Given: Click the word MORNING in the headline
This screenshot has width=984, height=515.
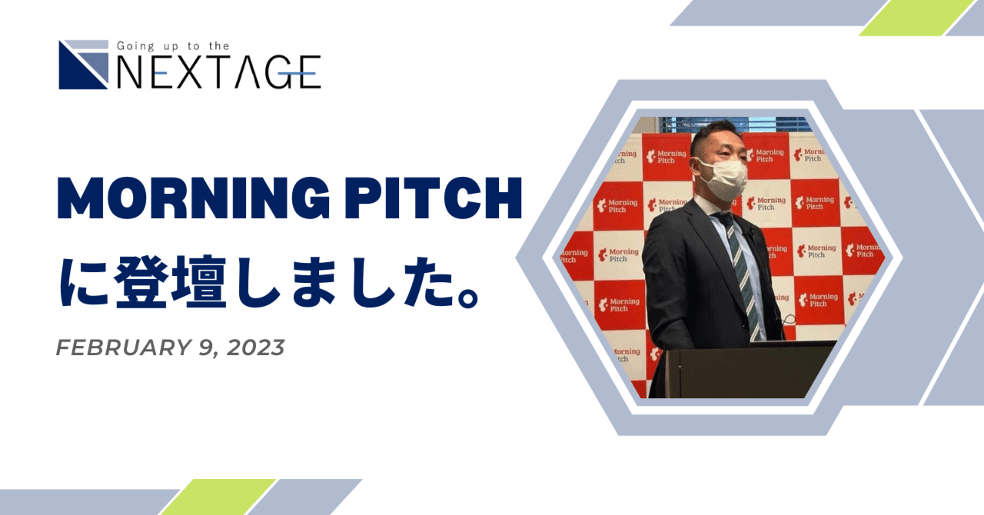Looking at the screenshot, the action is (193, 198).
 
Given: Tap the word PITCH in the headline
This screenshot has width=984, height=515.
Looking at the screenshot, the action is (433, 198).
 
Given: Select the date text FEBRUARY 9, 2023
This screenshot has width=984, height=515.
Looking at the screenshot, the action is (170, 347).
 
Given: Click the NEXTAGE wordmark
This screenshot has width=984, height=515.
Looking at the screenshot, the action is (219, 72).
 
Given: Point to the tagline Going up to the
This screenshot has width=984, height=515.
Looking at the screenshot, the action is (173, 46).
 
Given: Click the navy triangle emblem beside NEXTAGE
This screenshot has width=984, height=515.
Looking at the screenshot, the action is (84, 65).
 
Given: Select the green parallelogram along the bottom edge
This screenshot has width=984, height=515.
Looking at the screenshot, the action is (218, 497).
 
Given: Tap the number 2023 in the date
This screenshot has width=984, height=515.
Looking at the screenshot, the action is (256, 347).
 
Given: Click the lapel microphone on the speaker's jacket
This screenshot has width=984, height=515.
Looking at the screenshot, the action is (752, 231).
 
